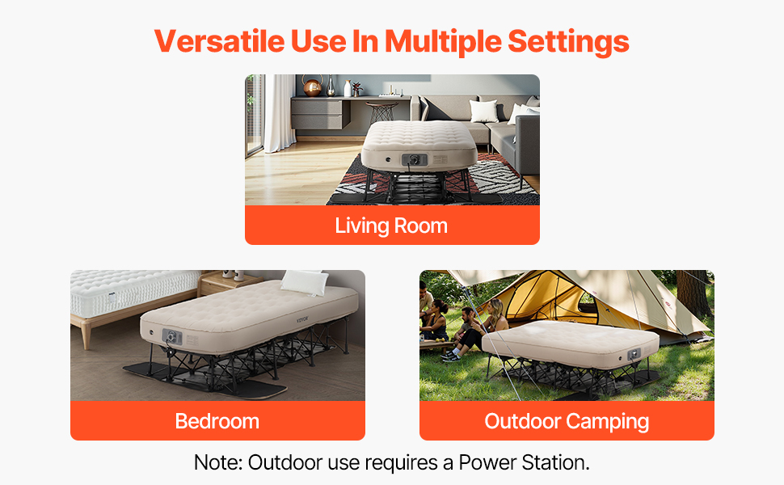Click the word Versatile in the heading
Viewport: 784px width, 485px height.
(220, 40)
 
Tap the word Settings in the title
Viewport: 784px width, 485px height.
(568, 41)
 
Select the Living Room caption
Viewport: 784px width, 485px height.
(391, 226)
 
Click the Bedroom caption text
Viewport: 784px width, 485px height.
(217, 421)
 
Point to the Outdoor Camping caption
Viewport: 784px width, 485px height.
(567, 421)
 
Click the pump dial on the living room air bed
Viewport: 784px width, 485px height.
(415, 160)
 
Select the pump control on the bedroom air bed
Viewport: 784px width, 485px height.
(171, 336)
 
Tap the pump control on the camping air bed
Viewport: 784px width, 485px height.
(634, 354)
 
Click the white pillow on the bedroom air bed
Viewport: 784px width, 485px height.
(304, 282)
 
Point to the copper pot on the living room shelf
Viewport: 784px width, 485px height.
(313, 86)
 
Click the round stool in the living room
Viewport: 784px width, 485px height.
(381, 112)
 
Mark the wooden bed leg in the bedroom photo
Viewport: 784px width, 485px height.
(86, 336)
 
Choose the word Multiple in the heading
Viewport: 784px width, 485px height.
(443, 41)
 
